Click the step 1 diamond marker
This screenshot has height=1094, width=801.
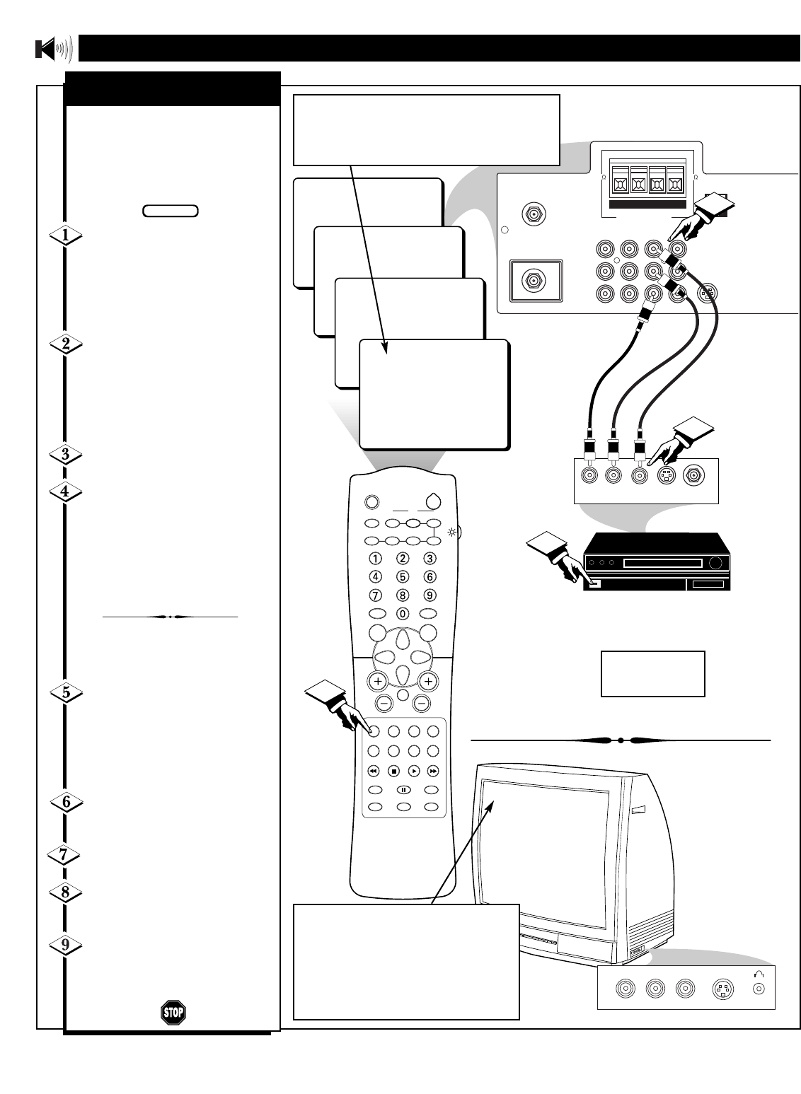point(65,236)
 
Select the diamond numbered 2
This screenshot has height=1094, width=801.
point(65,344)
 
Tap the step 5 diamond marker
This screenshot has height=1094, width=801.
point(65,693)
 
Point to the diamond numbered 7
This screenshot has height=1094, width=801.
point(64,855)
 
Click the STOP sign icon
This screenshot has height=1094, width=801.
point(173,1012)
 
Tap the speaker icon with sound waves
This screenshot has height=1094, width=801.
point(54,50)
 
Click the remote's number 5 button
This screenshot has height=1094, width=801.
point(403,576)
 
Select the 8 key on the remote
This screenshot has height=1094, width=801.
point(403,595)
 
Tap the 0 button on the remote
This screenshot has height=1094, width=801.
point(403,614)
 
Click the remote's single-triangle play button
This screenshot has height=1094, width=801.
point(414,771)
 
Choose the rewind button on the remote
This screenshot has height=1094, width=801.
point(374,771)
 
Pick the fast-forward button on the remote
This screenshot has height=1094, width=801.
point(433,771)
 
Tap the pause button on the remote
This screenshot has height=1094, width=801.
point(403,789)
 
